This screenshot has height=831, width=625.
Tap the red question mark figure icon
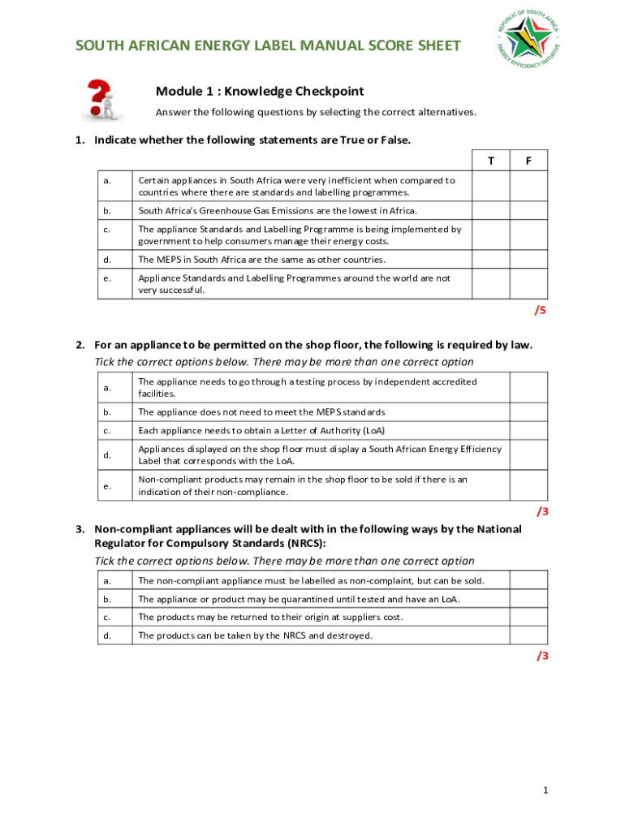(102, 99)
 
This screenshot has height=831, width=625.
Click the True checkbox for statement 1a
(490, 186)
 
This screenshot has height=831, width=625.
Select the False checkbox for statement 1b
(528, 211)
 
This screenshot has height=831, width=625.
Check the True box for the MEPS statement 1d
(490, 260)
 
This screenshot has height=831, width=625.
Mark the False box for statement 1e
(528, 284)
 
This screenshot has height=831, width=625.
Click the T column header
(490, 161)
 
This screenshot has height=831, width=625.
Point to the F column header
(528, 161)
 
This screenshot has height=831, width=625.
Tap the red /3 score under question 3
(542, 656)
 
